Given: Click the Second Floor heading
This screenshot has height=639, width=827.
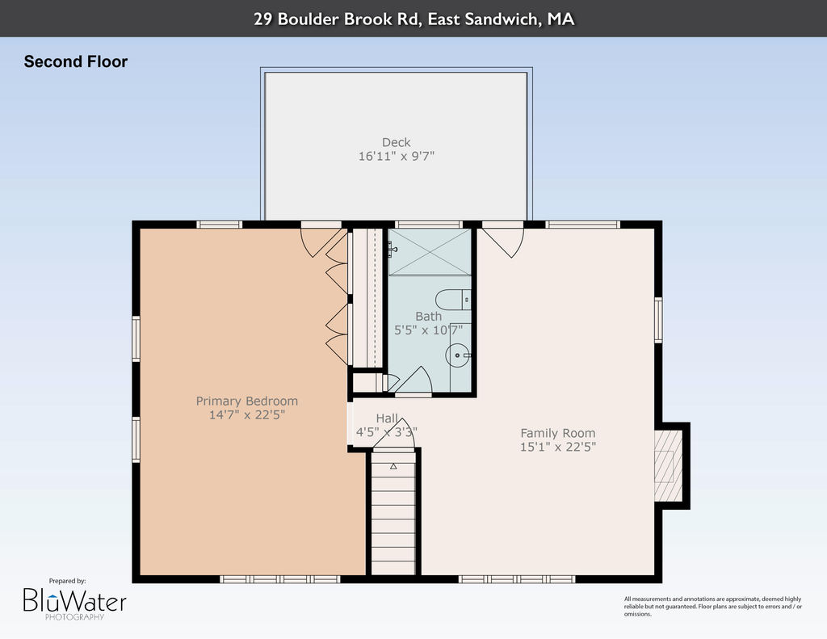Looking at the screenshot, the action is point(75,61).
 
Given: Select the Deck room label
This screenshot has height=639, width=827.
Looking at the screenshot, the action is point(396,142).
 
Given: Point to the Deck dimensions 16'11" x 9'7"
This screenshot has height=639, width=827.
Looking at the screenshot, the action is point(396,156).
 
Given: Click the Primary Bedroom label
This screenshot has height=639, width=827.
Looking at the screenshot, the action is point(247,401).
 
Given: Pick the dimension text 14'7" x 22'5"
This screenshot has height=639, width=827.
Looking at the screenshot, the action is point(247,414).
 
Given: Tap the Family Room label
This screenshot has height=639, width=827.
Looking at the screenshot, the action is point(558,433).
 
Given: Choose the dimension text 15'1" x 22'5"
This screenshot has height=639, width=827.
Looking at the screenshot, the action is point(558,447).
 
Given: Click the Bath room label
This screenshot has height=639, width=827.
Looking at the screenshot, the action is point(428,317).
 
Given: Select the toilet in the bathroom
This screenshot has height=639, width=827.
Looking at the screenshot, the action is point(453,300).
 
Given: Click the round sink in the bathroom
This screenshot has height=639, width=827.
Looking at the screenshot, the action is point(457,355).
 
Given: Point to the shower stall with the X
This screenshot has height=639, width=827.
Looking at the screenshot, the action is point(430,252).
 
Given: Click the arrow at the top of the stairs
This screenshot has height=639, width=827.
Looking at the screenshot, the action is point(393,466).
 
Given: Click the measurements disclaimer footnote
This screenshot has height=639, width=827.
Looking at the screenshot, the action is point(712,607).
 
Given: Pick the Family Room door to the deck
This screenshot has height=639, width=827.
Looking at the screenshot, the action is point(502,239).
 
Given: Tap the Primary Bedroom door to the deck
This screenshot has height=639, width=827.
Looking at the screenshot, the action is point(321,239).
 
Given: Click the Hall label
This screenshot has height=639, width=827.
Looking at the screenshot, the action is point(387,418).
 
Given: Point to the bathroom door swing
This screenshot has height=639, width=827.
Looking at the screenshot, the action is point(413,380).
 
